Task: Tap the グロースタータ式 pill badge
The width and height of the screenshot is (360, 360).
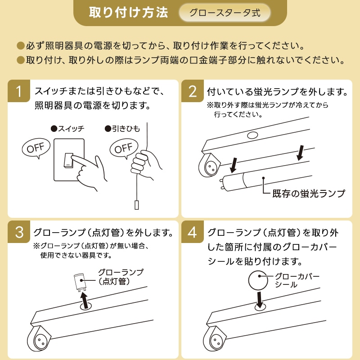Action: pyautogui.click(x=225, y=13)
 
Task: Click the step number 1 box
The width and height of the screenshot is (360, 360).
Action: pyautogui.click(x=19, y=91)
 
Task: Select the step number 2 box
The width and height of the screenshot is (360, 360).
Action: pyautogui.click(x=193, y=91)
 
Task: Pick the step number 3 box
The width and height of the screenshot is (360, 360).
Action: pyautogui.click(x=19, y=232)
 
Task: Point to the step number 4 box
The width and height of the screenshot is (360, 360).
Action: pyautogui.click(x=193, y=232)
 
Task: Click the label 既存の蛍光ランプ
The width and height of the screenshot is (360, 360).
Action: pyautogui.click(x=309, y=193)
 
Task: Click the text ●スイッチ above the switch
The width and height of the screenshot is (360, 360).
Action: pyautogui.click(x=67, y=129)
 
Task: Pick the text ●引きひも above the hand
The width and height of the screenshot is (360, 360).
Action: pyautogui.click(x=122, y=129)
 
